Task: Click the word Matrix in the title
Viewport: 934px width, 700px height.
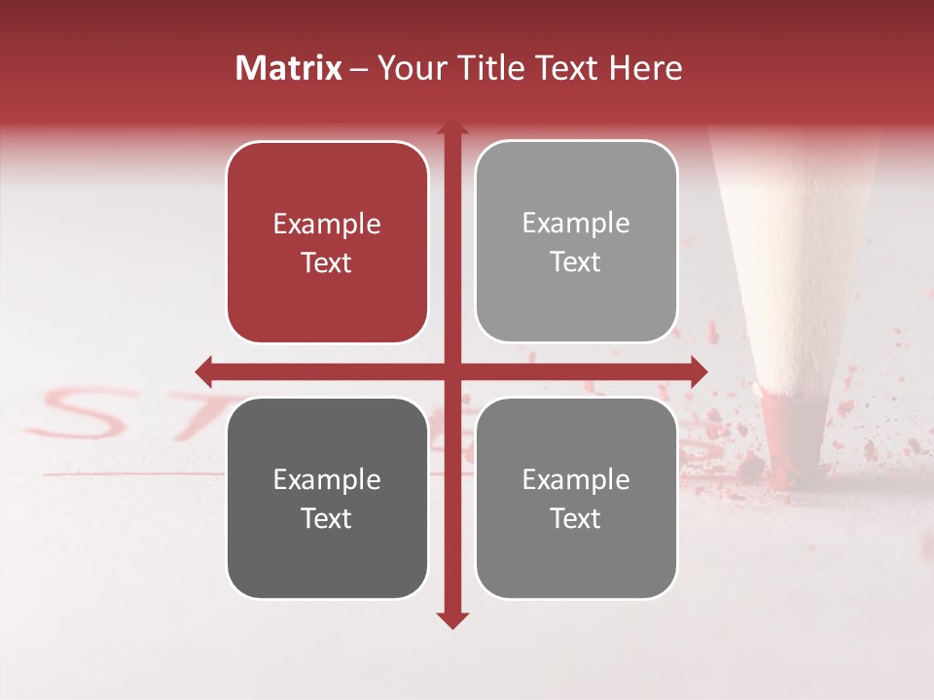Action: pyautogui.click(x=289, y=68)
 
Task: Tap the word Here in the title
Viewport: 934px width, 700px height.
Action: pyautogui.click(x=645, y=68)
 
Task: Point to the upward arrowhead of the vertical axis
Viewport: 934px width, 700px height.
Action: pyautogui.click(x=452, y=127)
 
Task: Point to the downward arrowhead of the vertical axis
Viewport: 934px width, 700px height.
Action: pyautogui.click(x=452, y=620)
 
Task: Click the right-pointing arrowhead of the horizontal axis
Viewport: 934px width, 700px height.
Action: pyautogui.click(x=699, y=370)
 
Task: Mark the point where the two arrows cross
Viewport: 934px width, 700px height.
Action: pyautogui.click(x=452, y=370)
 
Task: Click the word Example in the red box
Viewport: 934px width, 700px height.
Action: pyautogui.click(x=327, y=225)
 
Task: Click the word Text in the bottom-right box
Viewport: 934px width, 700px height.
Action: pyautogui.click(x=576, y=518)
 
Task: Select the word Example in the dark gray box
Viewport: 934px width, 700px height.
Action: pyautogui.click(x=327, y=479)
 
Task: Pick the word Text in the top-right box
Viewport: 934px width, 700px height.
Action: pyautogui.click(x=576, y=262)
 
